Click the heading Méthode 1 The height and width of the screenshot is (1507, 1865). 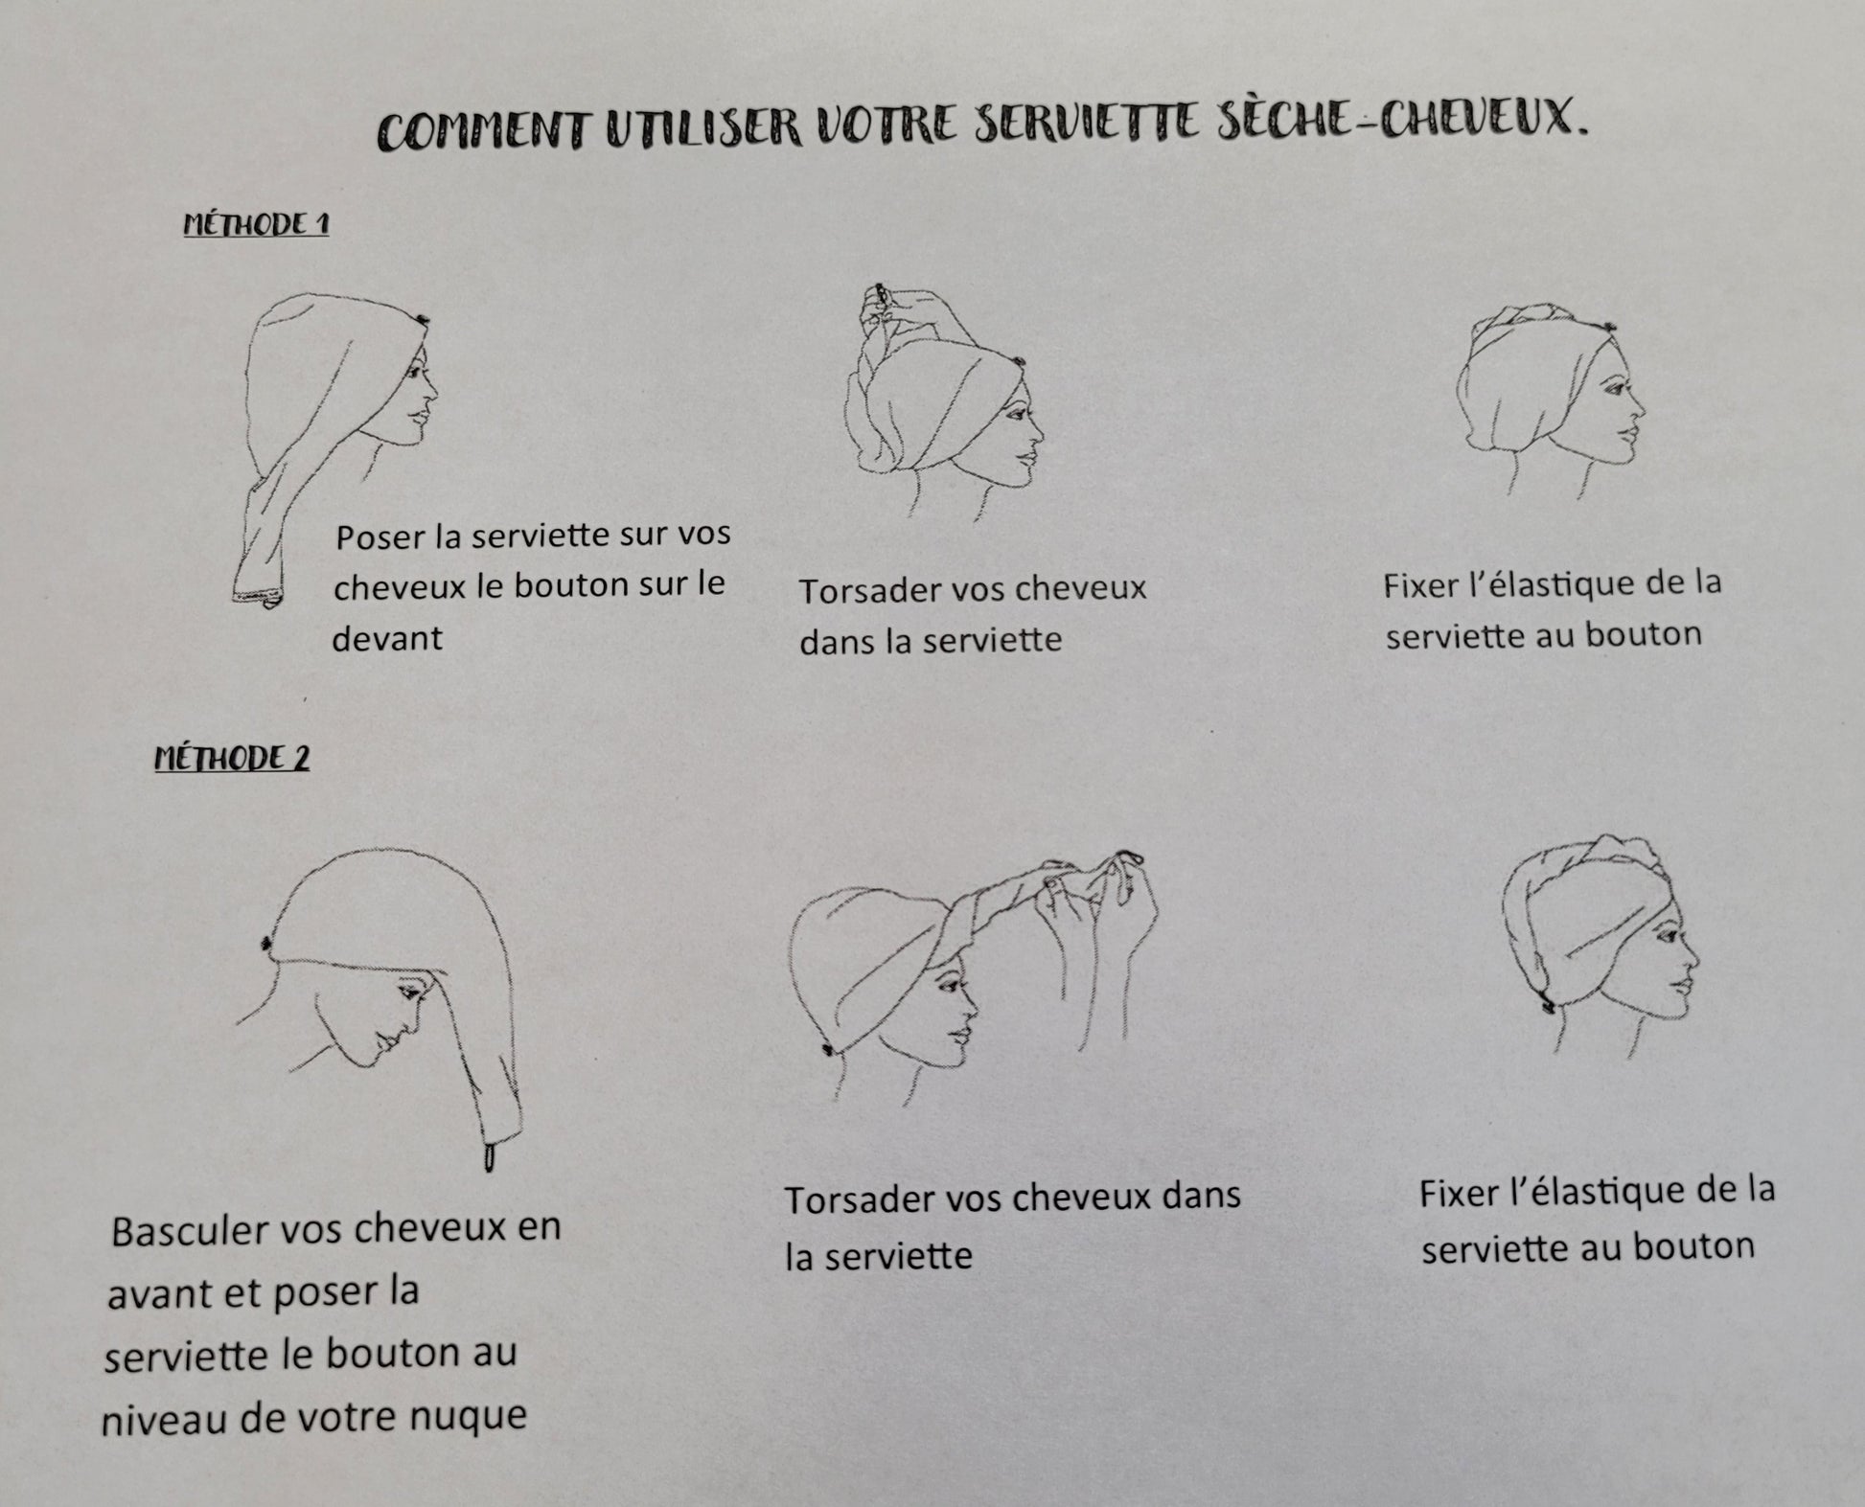click(256, 225)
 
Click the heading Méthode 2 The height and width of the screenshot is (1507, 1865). click(232, 759)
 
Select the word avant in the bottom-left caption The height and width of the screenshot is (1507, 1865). click(155, 1294)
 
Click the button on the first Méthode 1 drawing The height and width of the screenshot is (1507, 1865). click(423, 319)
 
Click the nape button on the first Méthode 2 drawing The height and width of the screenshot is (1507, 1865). click(265, 945)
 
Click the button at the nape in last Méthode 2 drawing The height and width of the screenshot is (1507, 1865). click(1546, 1003)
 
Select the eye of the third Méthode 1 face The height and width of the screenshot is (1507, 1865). click(1608, 388)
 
